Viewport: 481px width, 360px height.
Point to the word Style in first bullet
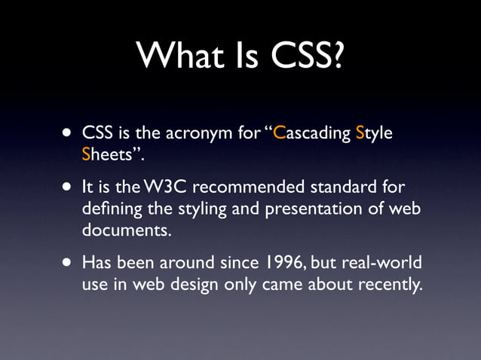(x=375, y=136)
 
